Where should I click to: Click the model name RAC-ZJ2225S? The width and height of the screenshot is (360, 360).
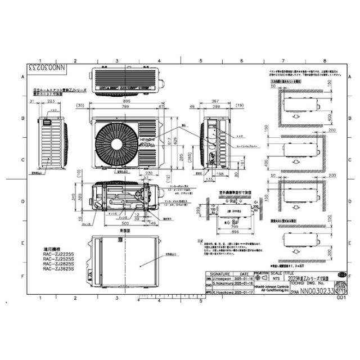[x=59, y=253]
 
